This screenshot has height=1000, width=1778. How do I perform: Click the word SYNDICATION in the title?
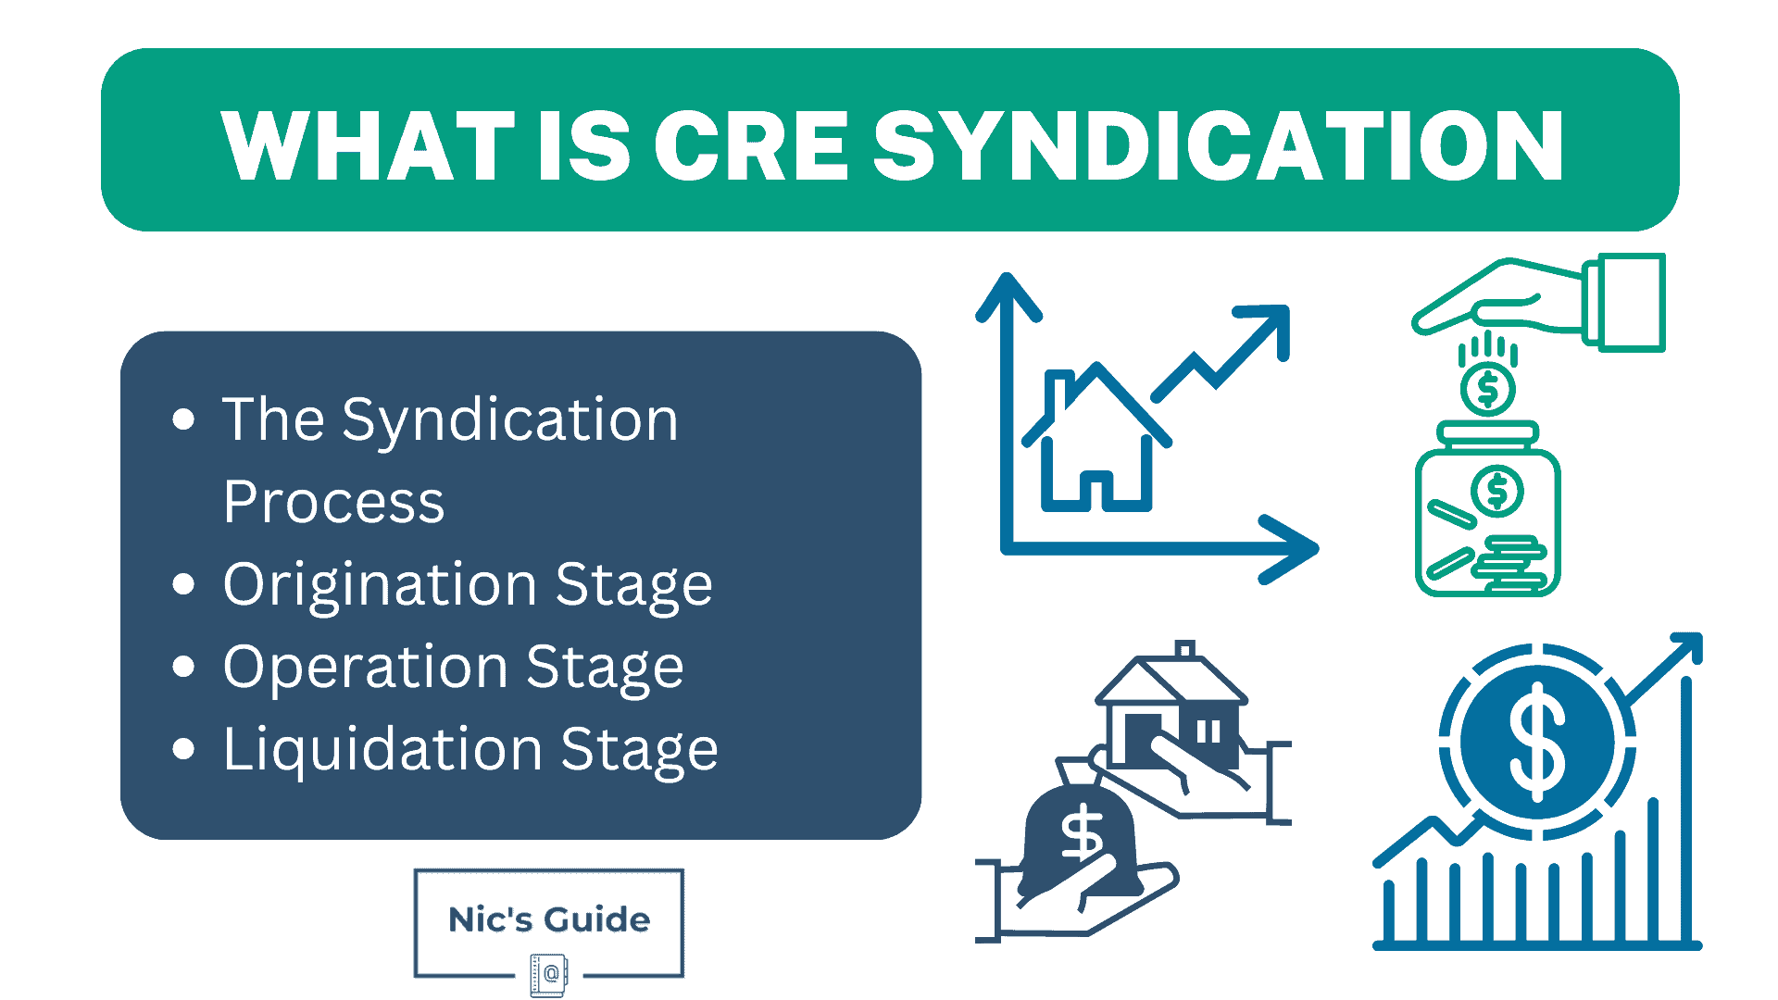pyautogui.click(x=1219, y=146)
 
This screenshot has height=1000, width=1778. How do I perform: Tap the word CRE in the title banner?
pyautogui.click(x=751, y=146)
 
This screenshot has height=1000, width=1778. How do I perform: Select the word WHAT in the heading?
pyautogui.click(x=367, y=146)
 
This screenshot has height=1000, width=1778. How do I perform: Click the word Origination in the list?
pyautogui.click(x=380, y=585)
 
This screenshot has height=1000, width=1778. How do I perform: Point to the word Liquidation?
pyautogui.click(x=382, y=749)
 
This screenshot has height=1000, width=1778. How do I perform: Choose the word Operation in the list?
pyautogui.click(x=366, y=668)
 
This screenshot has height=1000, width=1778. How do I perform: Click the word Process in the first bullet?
pyautogui.click(x=333, y=503)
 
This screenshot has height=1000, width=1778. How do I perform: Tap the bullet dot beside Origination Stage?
pyautogui.click(x=183, y=584)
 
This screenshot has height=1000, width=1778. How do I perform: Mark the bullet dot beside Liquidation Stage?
pyautogui.click(x=183, y=748)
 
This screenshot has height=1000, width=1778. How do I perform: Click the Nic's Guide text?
pyautogui.click(x=549, y=919)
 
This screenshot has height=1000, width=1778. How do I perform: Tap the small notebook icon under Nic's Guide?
pyautogui.click(x=549, y=974)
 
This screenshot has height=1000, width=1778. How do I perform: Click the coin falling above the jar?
pyautogui.click(x=1487, y=390)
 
